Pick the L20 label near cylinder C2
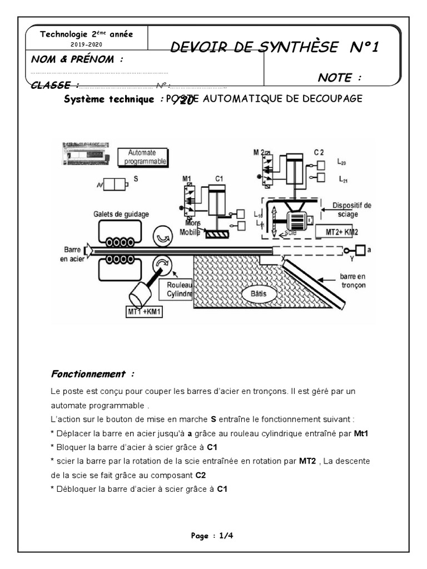[342, 163]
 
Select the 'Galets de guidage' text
[121, 213]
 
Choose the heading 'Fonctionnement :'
[93, 373]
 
